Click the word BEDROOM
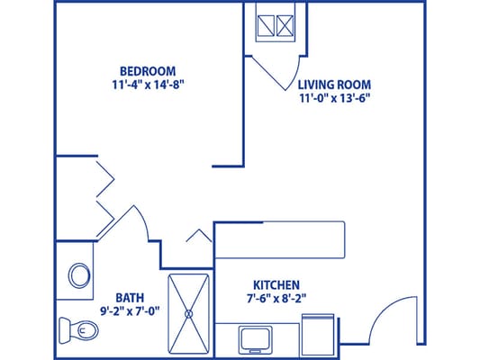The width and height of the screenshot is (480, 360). (148, 71)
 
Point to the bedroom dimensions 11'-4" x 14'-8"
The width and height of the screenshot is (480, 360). (148, 85)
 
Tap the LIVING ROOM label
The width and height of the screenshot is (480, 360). (334, 86)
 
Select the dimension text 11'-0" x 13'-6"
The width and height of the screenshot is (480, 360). (334, 101)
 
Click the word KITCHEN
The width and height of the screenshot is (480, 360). (276, 283)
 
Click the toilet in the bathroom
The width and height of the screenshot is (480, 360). (77, 330)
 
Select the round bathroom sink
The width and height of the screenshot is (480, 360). (79, 274)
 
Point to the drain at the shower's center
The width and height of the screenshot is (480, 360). (189, 313)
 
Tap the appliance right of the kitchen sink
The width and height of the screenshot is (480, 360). (319, 334)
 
